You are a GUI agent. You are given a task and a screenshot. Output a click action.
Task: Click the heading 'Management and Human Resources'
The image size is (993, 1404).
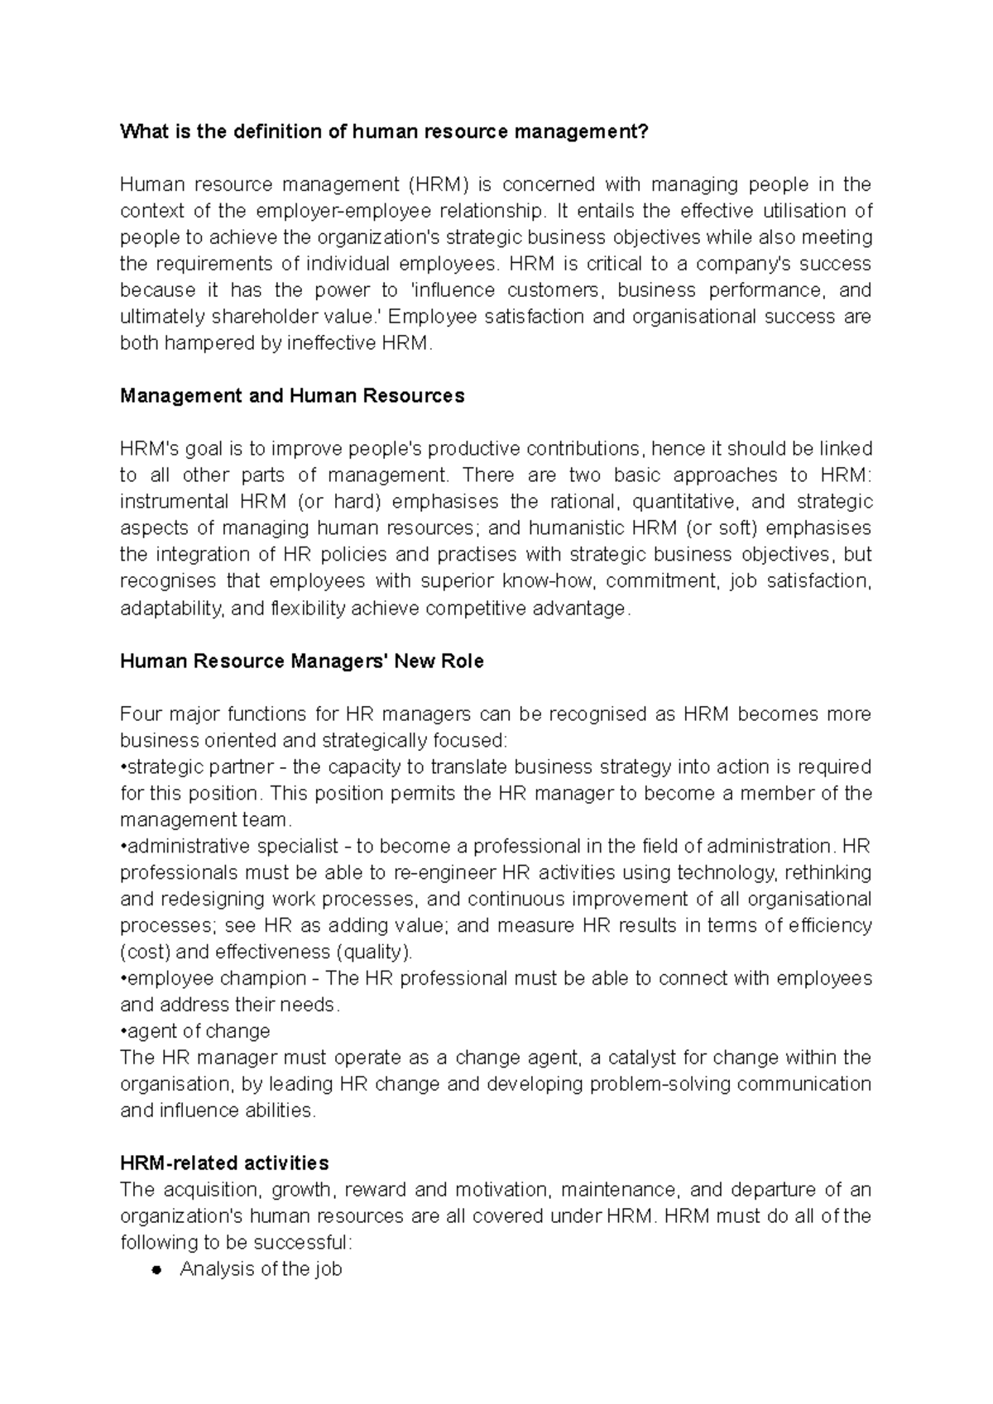pyautogui.click(x=292, y=396)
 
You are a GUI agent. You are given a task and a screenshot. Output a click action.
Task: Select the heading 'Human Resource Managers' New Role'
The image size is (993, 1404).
pyautogui.click(x=302, y=661)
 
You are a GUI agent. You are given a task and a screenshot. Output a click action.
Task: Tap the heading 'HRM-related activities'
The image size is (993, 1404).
pyautogui.click(x=224, y=1163)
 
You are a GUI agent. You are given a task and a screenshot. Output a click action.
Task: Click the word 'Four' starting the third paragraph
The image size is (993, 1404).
pyautogui.click(x=140, y=714)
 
